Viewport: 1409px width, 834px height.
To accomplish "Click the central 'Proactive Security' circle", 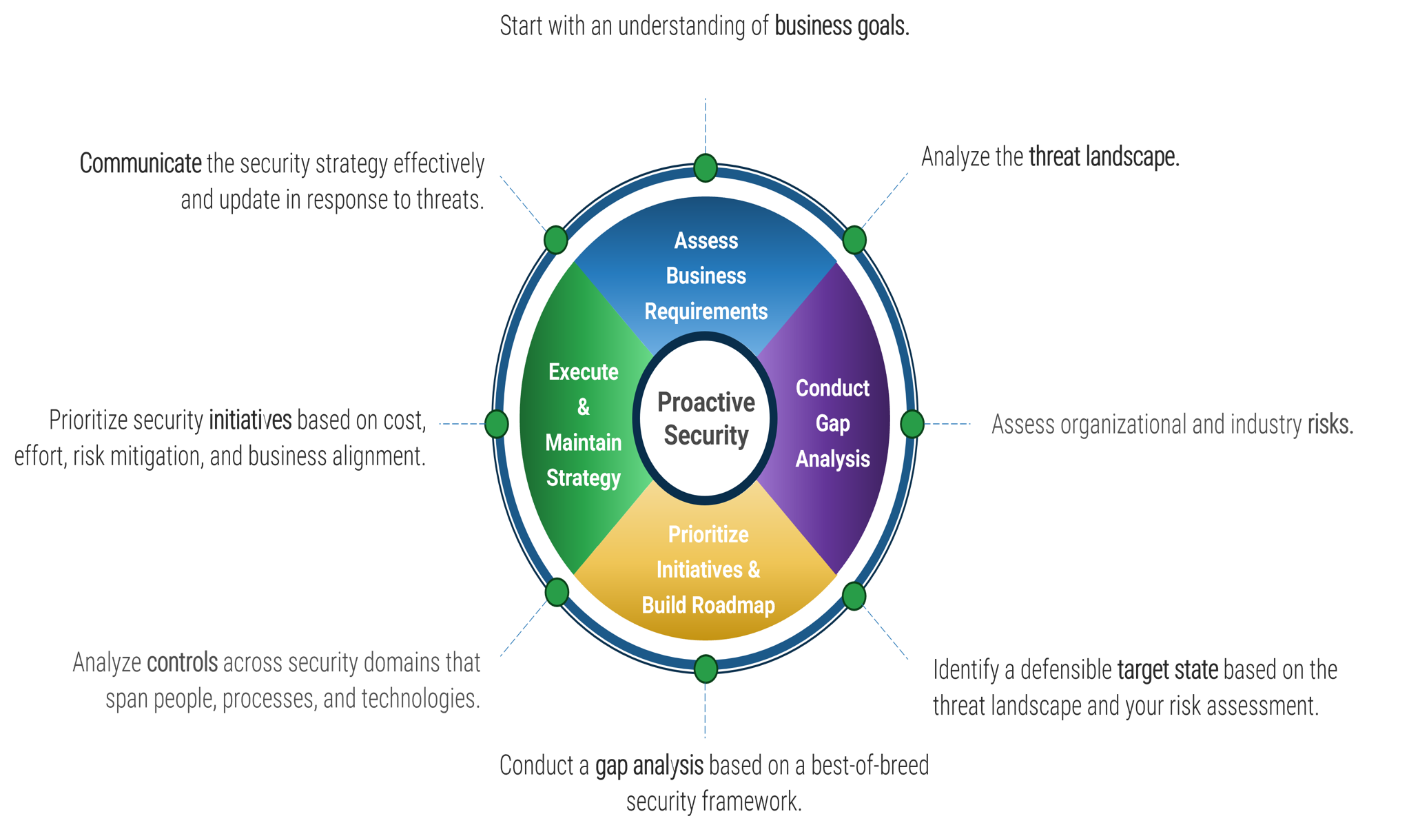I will [x=706, y=418].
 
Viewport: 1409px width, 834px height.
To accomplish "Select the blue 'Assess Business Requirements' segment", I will [x=706, y=276].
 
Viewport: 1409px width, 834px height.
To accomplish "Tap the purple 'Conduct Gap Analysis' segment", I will [x=832, y=423].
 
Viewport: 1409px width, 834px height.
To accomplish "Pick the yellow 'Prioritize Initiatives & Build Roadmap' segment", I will [x=708, y=569].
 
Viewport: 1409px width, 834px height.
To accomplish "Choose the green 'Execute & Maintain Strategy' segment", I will [x=583, y=425].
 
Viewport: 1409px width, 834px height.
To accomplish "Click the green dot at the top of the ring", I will [x=706, y=167].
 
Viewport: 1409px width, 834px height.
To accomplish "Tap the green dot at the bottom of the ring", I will [x=706, y=669].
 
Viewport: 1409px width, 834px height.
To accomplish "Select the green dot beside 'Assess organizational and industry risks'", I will [x=912, y=423].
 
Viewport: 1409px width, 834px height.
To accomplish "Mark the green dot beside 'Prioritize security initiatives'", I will [x=496, y=424].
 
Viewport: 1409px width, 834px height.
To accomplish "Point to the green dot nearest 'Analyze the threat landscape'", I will [x=854, y=239].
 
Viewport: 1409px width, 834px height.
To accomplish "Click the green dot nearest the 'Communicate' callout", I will [x=555, y=239].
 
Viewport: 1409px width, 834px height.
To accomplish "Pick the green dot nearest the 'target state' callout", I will [x=854, y=596].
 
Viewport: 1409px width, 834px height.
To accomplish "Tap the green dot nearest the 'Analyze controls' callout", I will [x=557, y=592].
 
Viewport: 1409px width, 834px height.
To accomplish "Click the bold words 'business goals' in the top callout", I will [x=841, y=26].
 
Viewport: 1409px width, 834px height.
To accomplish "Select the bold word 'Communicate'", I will [x=141, y=164].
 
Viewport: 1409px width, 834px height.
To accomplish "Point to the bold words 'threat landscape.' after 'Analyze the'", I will [x=1104, y=157].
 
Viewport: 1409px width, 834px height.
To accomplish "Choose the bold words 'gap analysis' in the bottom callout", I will [x=649, y=766].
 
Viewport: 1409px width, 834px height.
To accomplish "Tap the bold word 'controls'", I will [x=183, y=663].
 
